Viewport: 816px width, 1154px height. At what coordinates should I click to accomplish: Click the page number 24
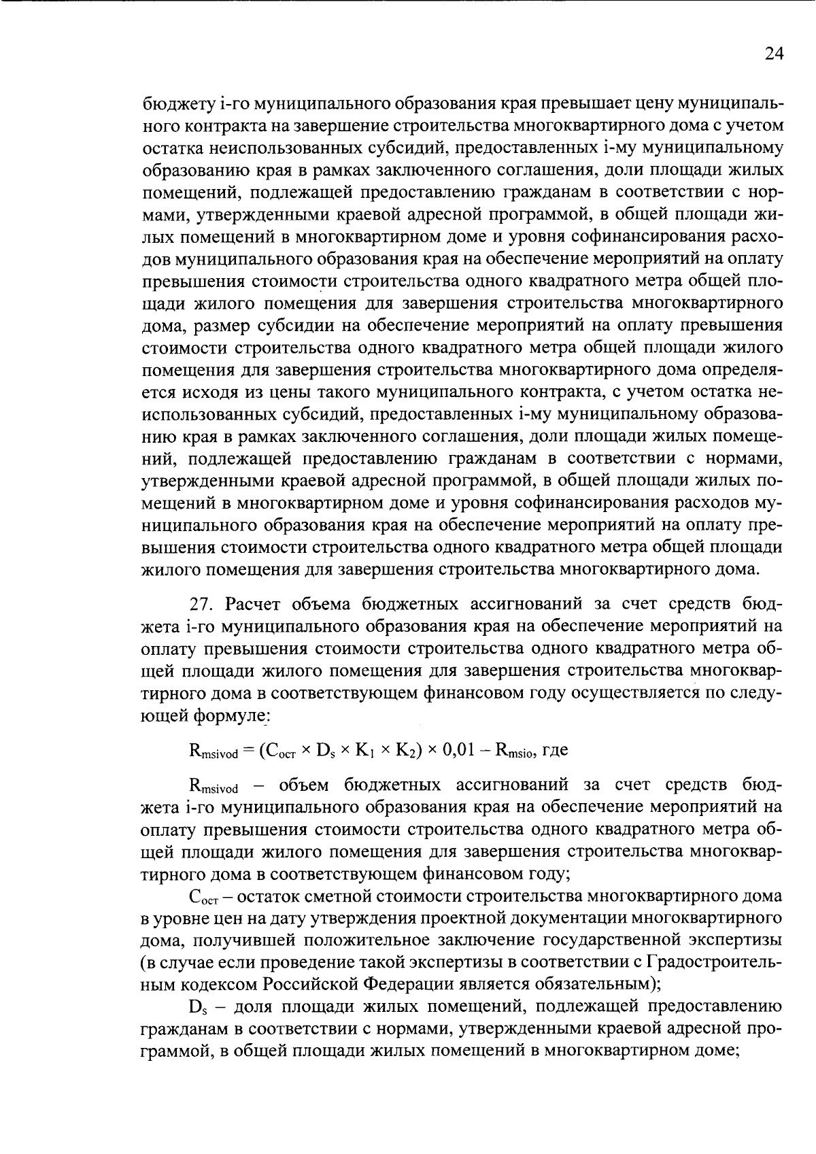[774, 54]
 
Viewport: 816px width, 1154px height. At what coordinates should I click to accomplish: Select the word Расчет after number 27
[254, 605]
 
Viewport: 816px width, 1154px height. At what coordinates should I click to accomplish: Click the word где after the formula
[554, 751]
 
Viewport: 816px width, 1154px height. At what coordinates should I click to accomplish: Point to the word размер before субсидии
[220, 326]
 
